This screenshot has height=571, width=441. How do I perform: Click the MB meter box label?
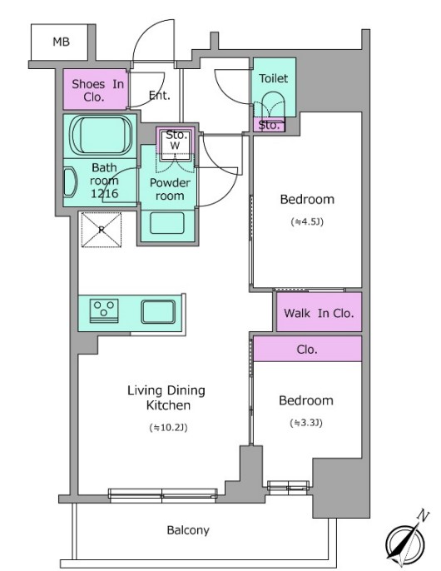[61, 42]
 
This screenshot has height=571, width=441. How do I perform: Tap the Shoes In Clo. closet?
[96, 89]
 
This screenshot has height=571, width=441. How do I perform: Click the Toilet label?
[274, 78]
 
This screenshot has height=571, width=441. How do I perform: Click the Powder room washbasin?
[167, 223]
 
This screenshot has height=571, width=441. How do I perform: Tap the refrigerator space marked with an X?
[102, 230]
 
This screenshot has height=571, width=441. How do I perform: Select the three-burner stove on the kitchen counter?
[104, 310]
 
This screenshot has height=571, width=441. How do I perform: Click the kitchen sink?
[158, 311]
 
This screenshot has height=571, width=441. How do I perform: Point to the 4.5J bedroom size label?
[307, 221]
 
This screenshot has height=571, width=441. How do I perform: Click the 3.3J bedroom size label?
[306, 423]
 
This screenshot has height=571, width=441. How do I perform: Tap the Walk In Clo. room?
[319, 312]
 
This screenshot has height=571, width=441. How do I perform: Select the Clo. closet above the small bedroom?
[307, 349]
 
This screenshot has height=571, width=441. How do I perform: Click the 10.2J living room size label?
[168, 428]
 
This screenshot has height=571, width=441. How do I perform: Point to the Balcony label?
[188, 530]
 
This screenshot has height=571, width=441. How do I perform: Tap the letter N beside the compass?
[423, 515]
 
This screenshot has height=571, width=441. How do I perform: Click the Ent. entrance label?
[160, 96]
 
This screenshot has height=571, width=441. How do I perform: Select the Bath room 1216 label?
[105, 181]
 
